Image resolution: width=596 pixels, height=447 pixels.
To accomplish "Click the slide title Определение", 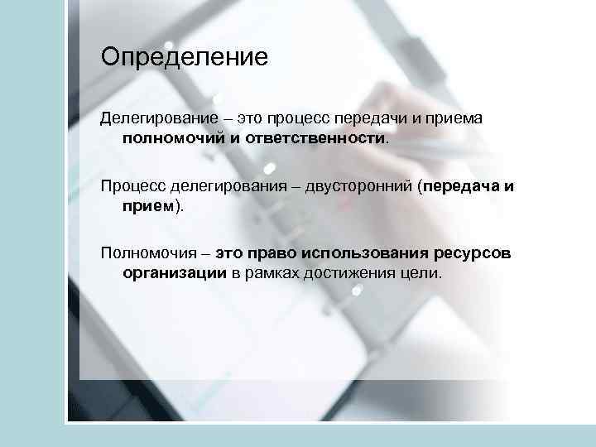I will coord(185,58).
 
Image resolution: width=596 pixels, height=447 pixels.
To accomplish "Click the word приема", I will coord(454,119).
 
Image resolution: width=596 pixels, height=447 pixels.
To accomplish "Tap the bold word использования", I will coord(363,252).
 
